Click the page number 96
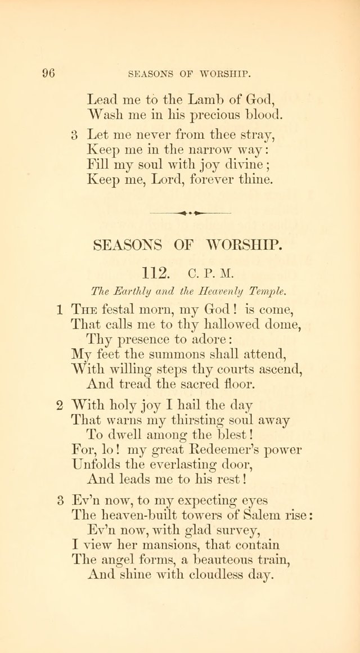tap(48, 73)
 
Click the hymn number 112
tap(155, 273)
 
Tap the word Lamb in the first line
tap(203, 100)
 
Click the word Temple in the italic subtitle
tap(268, 291)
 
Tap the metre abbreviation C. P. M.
tap(211, 274)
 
